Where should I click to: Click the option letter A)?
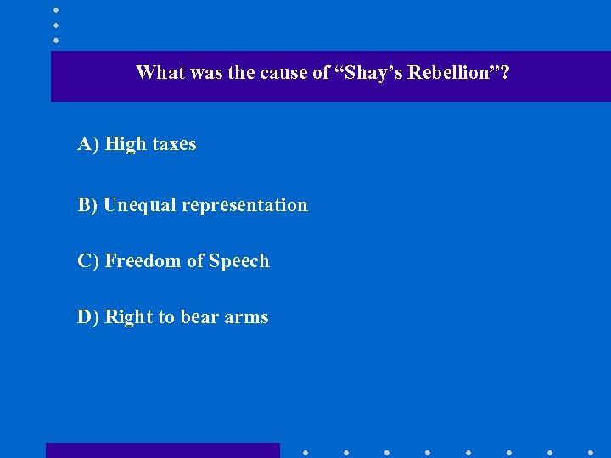click(88, 144)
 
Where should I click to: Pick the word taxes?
click(174, 144)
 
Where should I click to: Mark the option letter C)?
click(88, 261)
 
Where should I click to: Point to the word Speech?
click(239, 261)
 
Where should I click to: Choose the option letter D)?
click(88, 317)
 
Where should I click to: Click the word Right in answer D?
click(128, 317)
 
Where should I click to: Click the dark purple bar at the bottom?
click(162, 450)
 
